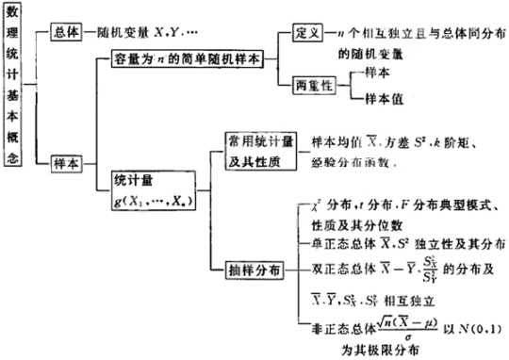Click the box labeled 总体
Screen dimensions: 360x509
point(66,30)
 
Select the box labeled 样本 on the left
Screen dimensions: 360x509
point(66,162)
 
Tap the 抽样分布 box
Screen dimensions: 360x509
point(254,267)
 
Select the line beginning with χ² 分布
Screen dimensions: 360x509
point(405,205)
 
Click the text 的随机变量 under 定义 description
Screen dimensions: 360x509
point(371,56)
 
